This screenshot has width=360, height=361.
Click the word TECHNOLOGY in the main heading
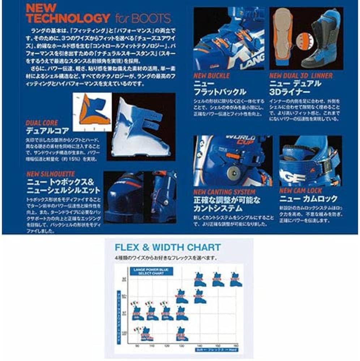coord(68,18)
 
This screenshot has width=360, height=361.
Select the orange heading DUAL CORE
coord(42,123)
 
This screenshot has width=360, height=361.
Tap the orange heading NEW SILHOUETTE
coord(51,174)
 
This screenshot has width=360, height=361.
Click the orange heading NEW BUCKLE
coord(211,76)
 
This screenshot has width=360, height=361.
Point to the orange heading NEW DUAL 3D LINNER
coord(301,76)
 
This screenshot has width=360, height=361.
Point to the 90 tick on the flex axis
coord(136,346)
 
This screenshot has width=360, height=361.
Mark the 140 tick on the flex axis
coord(200,346)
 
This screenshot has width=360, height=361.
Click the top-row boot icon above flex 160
coord(236,280)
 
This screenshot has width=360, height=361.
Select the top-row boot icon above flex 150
coord(218,280)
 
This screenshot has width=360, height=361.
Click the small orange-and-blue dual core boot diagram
coord(92,112)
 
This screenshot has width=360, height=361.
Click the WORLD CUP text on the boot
coord(240,139)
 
